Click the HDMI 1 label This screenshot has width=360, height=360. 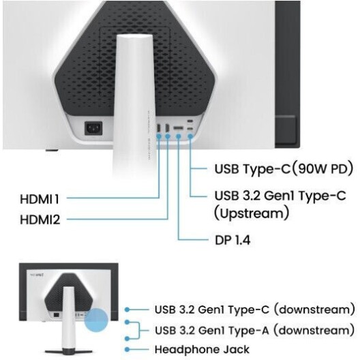click(x=40, y=199)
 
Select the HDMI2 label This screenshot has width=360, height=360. click(x=40, y=220)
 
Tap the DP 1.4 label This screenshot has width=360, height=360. click(x=232, y=240)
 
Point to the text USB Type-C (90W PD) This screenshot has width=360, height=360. click(x=284, y=169)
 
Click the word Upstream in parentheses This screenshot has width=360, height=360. click(x=252, y=213)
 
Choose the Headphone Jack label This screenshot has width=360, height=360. click(x=202, y=350)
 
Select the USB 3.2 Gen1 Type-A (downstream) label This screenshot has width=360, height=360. click(x=255, y=331)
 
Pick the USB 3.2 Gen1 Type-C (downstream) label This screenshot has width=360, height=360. click(x=255, y=310)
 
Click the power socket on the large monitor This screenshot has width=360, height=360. click(x=93, y=128)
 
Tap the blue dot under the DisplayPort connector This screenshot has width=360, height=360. click(x=179, y=136)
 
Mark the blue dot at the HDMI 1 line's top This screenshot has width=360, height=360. click(x=159, y=136)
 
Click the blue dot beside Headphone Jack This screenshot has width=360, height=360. click(x=127, y=350)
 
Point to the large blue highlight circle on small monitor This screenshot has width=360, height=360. click(x=96, y=320)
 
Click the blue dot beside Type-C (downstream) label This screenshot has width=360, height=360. click(x=127, y=310)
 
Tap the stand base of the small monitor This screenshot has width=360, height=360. click(x=68, y=351)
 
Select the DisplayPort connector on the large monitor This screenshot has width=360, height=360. click(x=178, y=128)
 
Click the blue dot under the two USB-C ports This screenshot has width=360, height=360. click(x=190, y=136)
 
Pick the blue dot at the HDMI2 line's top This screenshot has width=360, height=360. click(x=168, y=136)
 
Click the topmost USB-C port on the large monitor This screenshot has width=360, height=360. click(x=190, y=121)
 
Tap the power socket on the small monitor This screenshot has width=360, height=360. click(x=56, y=315)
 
